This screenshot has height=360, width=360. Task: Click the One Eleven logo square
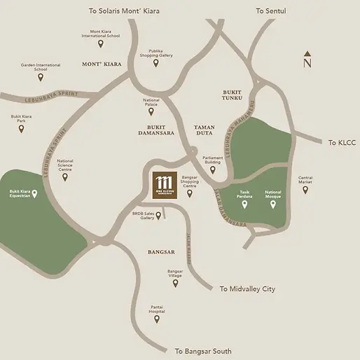tap(165, 186)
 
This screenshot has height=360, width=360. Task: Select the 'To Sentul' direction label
tap(272, 11)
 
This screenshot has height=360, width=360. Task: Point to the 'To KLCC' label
tap(342, 141)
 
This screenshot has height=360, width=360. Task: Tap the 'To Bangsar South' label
tap(203, 350)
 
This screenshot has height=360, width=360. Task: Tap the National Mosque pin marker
tap(273, 205)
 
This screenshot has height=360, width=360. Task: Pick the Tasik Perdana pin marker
tap(244, 205)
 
